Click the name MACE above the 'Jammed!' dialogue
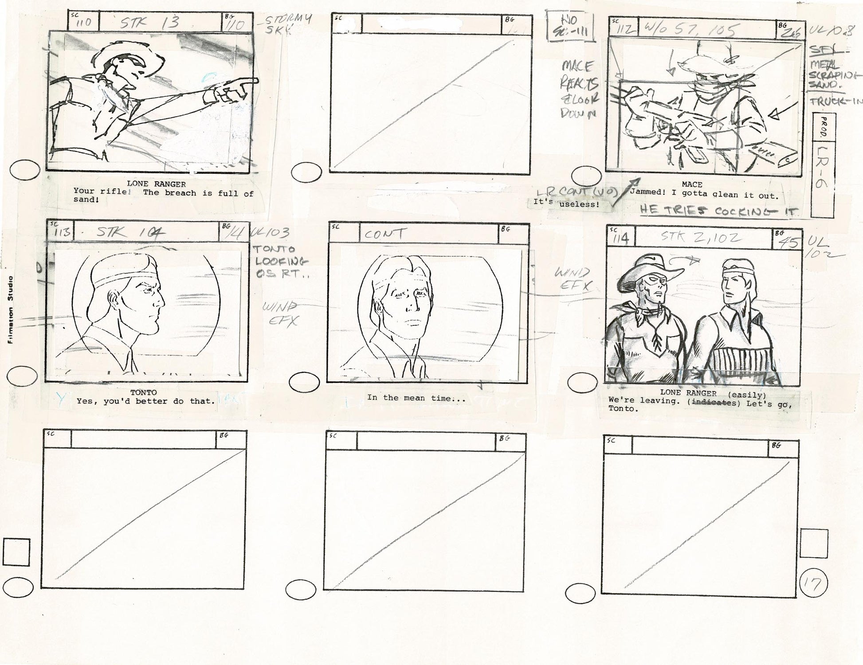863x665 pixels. tap(692, 184)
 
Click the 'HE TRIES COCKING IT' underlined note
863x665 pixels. tap(718, 211)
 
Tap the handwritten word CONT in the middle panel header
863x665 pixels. tap(384, 234)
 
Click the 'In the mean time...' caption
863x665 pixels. tap(416, 398)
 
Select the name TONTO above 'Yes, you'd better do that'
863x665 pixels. tap(143, 392)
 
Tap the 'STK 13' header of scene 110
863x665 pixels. tap(149, 22)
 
